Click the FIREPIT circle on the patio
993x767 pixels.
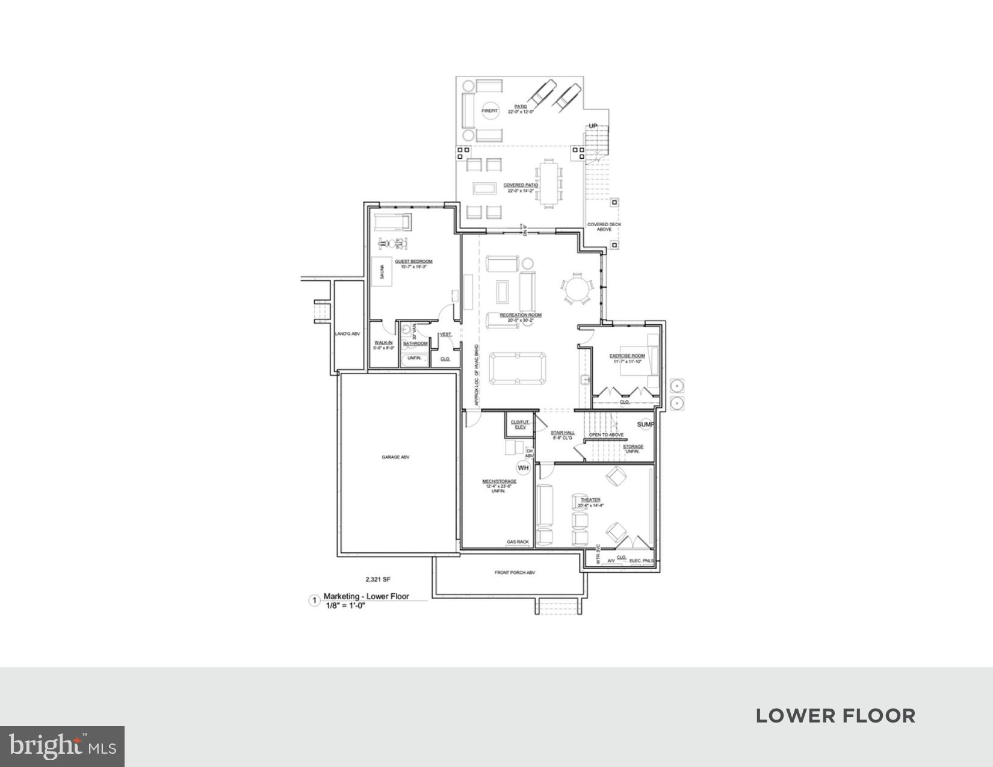click(490, 111)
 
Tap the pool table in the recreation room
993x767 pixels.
click(517, 368)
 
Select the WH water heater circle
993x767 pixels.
click(523, 467)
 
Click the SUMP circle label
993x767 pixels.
click(645, 424)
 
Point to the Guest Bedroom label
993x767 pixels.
click(413, 262)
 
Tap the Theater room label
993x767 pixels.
click(590, 500)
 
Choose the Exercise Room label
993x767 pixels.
click(626, 356)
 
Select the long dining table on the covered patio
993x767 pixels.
click(548, 183)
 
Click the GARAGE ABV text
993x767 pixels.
click(395, 457)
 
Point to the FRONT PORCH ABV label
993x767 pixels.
click(515, 573)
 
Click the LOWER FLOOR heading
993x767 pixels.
click(835, 716)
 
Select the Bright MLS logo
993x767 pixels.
click(62, 747)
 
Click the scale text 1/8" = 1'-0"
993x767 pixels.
click(345, 606)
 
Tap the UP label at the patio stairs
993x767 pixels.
click(593, 126)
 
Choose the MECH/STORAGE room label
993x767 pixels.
click(499, 481)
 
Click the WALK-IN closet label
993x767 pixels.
click(383, 343)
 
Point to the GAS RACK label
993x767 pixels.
click(518, 542)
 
